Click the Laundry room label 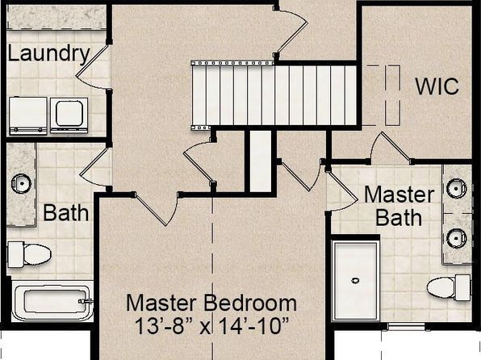[x=48, y=54]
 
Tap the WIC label [x=437, y=86]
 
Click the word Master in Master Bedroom [x=161, y=303]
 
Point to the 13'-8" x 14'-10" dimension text [x=212, y=326]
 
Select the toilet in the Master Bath [x=449, y=287]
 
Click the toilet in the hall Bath [x=29, y=254]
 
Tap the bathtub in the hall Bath [x=52, y=301]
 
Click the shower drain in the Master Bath [x=355, y=280]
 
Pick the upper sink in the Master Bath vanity [x=457, y=188]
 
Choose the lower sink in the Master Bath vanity [x=457, y=238]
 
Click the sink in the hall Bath [x=22, y=183]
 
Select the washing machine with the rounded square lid [x=69, y=115]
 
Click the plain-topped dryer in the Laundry [x=28, y=115]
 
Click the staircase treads [x=274, y=95]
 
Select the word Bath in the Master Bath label [x=399, y=218]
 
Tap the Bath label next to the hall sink [x=65, y=212]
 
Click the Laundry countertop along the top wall [x=56, y=17]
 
